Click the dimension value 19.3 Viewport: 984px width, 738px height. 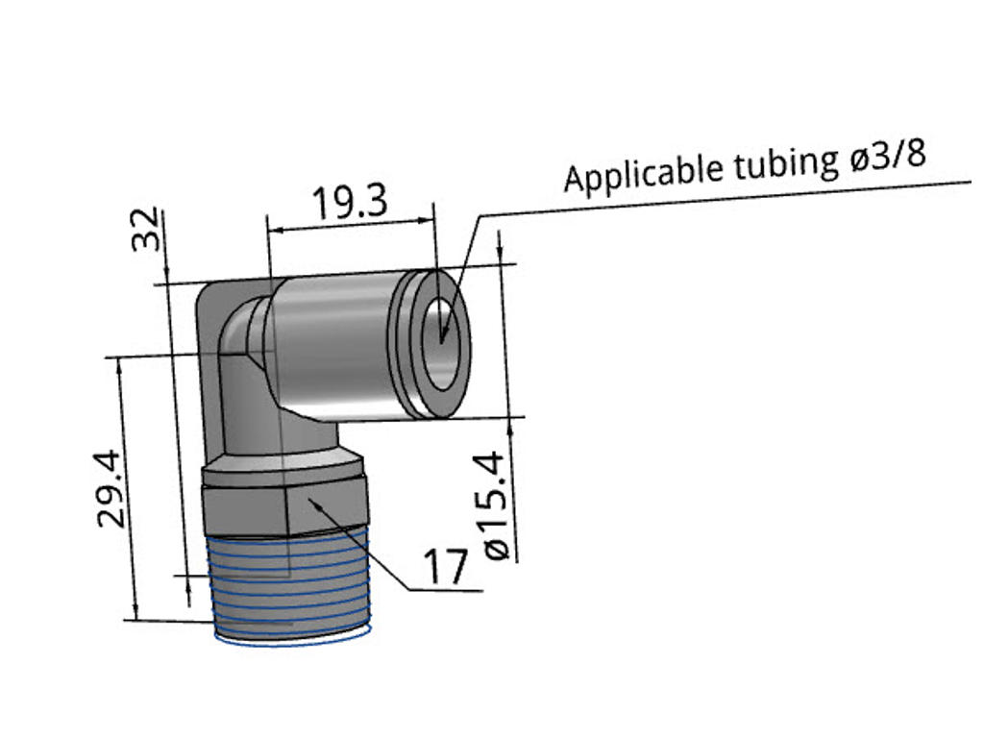(x=349, y=203)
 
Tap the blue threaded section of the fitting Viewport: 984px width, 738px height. (x=288, y=586)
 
